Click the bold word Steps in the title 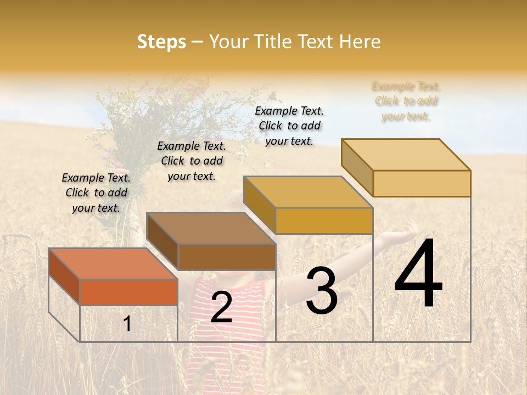click(161, 42)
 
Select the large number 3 click(321, 291)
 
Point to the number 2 click(221, 307)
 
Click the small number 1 click(127, 324)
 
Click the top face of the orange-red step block click(113, 264)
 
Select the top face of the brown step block click(211, 228)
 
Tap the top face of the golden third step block click(308, 193)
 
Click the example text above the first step click(96, 193)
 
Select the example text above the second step click(192, 161)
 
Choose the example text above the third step click(289, 126)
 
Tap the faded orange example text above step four click(406, 101)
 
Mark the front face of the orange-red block click(128, 292)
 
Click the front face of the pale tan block click(422, 183)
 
